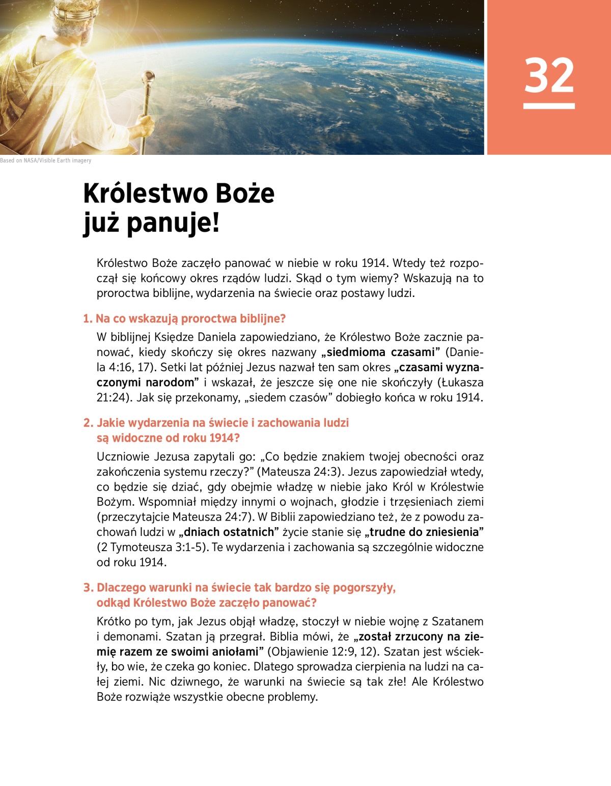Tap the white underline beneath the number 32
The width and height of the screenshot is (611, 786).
point(549,106)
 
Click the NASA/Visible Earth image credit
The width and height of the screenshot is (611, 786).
point(46,160)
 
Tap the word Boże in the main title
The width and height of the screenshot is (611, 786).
point(245,194)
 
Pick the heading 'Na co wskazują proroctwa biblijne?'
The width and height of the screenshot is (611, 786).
point(190,319)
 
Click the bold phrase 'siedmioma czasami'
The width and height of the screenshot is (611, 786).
point(380,352)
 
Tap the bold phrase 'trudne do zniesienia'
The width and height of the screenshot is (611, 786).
point(424,532)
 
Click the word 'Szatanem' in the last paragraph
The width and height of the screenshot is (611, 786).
point(457,621)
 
